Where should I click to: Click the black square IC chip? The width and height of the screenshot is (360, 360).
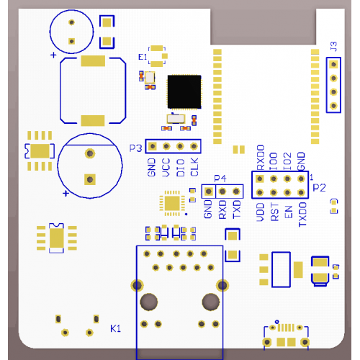click(184, 91)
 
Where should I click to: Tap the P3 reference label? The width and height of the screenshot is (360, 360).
click(135, 148)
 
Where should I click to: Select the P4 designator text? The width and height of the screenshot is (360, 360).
click(220, 179)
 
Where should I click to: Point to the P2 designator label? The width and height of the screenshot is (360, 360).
click(320, 187)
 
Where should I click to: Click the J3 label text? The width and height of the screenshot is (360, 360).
click(333, 46)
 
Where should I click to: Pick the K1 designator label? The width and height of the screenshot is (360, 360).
click(115, 328)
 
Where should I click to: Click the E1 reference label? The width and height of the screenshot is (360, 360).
click(143, 57)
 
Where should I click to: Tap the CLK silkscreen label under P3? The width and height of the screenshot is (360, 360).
click(194, 167)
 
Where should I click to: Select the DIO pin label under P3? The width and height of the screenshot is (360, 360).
click(181, 168)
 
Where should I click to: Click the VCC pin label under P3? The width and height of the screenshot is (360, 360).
click(166, 167)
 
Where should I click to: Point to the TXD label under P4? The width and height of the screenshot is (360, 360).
click(237, 210)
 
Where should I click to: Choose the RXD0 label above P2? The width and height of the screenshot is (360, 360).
click(261, 158)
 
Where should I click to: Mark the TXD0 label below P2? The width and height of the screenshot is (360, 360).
click(302, 215)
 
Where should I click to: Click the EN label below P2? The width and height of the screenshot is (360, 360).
click(289, 212)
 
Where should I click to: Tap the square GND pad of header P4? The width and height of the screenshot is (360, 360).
click(208, 192)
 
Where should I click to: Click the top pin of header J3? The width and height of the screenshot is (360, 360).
click(333, 64)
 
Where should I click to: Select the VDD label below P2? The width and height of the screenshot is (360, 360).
click(261, 212)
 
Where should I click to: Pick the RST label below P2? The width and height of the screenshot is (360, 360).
click(274, 212)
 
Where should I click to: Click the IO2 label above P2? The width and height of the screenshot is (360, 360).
click(287, 161)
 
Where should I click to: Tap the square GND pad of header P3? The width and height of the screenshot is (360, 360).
click(152, 146)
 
